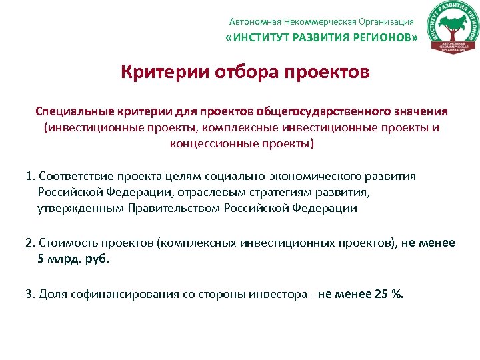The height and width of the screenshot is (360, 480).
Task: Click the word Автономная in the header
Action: (254, 22)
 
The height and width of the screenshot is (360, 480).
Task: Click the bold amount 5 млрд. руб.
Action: (73, 259)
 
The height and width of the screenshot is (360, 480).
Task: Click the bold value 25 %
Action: (390, 294)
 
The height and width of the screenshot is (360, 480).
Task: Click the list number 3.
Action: (29, 294)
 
